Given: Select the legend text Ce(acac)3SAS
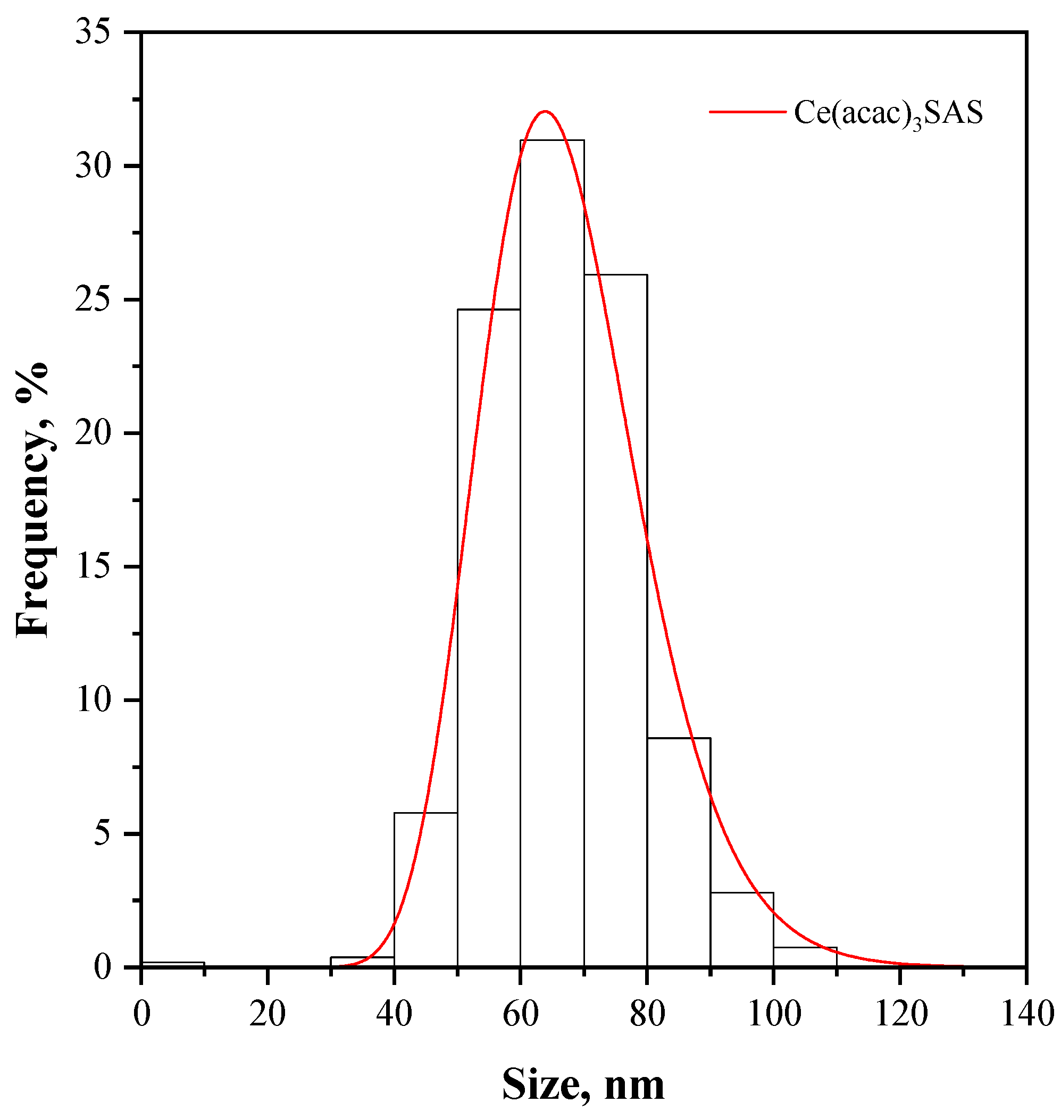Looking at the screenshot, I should (x=889, y=113).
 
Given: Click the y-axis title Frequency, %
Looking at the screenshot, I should (x=33, y=500).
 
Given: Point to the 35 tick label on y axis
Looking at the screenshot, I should (x=93, y=33).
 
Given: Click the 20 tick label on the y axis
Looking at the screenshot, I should (x=93, y=433).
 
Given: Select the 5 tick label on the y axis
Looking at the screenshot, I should (x=102, y=834).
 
